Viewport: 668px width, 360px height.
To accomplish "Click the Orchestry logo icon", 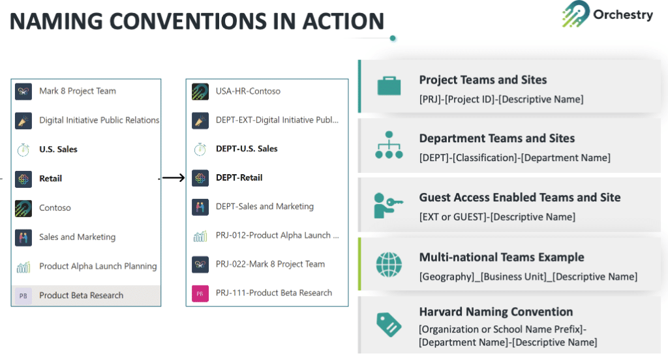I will [575, 14].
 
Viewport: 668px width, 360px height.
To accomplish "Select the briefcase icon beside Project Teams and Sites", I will [389, 86].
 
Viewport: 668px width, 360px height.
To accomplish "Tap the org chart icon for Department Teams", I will [389, 145].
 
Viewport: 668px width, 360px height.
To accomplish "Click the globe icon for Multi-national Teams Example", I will [389, 265].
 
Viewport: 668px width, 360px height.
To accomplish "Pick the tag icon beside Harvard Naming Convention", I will [389, 324].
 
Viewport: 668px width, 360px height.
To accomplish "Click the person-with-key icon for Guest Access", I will [389, 205].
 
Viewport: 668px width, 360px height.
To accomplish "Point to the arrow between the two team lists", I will [174, 177].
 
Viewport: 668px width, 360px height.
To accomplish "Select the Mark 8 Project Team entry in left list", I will [77, 91].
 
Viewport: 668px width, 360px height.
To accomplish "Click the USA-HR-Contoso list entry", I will [248, 91].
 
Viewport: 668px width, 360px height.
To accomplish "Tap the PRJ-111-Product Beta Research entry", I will [273, 293].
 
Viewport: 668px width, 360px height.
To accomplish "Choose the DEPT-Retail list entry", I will [239, 177].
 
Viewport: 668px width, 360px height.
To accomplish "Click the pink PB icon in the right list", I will [200, 293].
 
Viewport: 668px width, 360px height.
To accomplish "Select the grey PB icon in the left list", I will [23, 295].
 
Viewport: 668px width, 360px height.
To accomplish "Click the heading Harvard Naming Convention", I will [496, 312].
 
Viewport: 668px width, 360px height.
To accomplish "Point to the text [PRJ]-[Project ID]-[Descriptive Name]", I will [501, 99].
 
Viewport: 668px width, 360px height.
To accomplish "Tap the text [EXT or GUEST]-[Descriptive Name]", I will [497, 217].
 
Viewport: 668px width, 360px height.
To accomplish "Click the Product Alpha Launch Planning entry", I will [98, 266].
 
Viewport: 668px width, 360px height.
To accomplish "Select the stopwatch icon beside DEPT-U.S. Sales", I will [200, 149].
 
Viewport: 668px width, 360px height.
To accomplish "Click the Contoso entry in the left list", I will [55, 207].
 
